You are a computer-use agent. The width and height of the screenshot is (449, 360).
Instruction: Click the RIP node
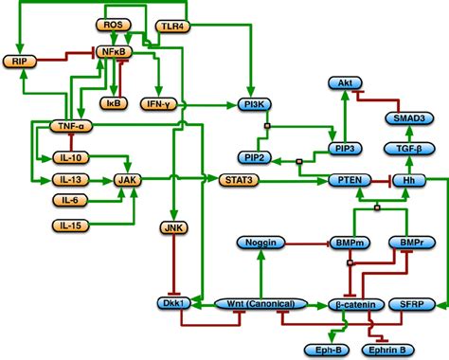coord(19,62)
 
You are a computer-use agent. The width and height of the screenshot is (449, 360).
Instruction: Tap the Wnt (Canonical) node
coord(261,304)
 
